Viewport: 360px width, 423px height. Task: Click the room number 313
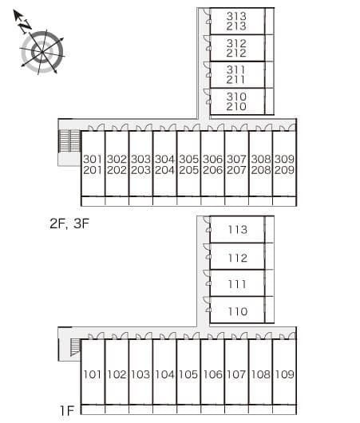pyautogui.click(x=236, y=16)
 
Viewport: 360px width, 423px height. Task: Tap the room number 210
pyautogui.click(x=236, y=107)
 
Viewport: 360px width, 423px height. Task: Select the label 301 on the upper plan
pyautogui.click(x=93, y=159)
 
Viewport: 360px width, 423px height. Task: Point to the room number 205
pyautogui.click(x=188, y=170)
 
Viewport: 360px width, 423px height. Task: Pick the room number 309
pyautogui.click(x=284, y=159)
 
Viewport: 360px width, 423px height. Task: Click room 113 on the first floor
pyautogui.click(x=238, y=230)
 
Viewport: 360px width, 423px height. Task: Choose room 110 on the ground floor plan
pyautogui.click(x=238, y=311)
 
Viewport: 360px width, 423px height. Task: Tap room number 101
pyautogui.click(x=93, y=374)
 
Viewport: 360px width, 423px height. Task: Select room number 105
pyautogui.click(x=188, y=374)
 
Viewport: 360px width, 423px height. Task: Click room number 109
pyautogui.click(x=284, y=374)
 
